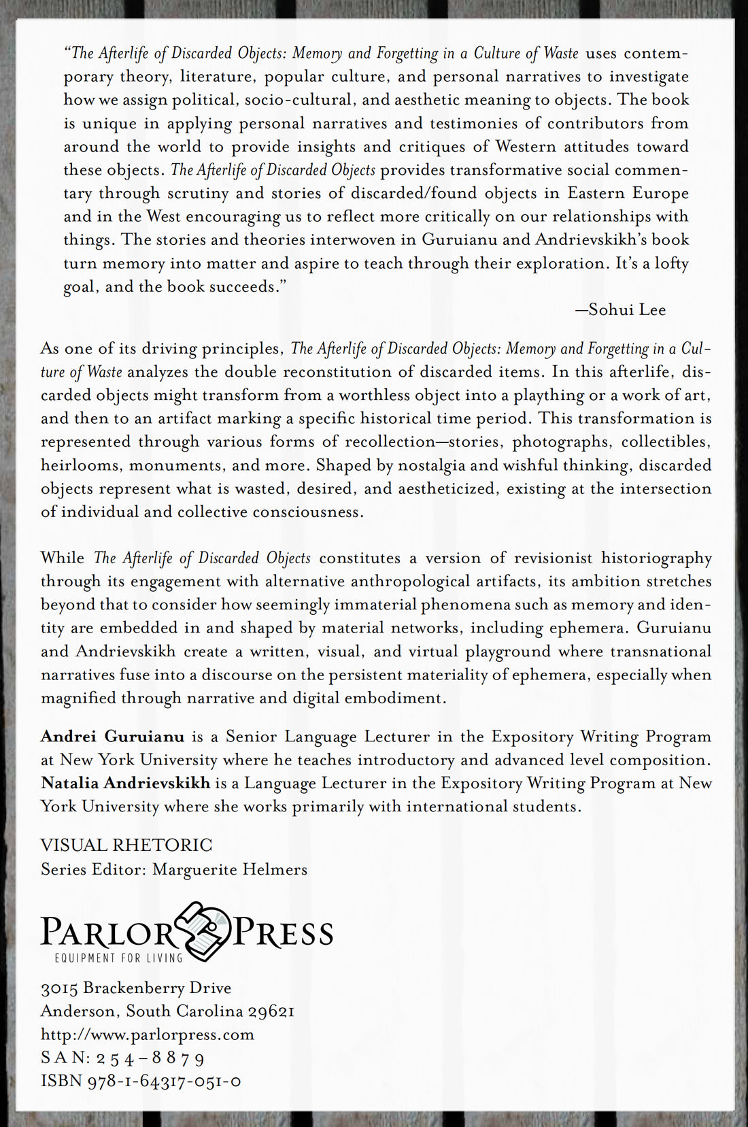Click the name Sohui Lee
[627, 310]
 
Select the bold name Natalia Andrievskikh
[125, 783]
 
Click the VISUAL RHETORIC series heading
[126, 845]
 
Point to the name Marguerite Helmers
[230, 869]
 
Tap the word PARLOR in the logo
[107, 932]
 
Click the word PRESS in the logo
[284, 932]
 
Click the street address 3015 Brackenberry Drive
[136, 988]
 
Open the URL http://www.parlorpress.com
[148, 1035]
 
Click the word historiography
[656, 558]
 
